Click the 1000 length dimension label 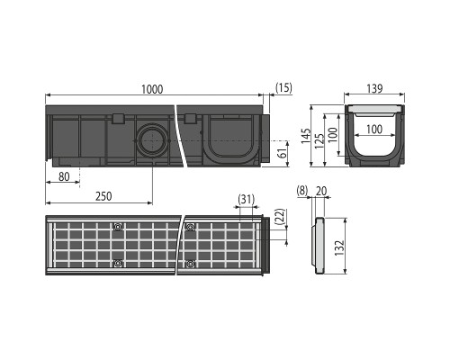152,89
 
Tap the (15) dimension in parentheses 283,88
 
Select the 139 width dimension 374,88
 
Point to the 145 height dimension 306,136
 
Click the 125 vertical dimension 319,140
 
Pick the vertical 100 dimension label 333,135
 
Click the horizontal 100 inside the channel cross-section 374,130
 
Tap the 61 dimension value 283,153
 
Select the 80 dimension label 64,176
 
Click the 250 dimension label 103,196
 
